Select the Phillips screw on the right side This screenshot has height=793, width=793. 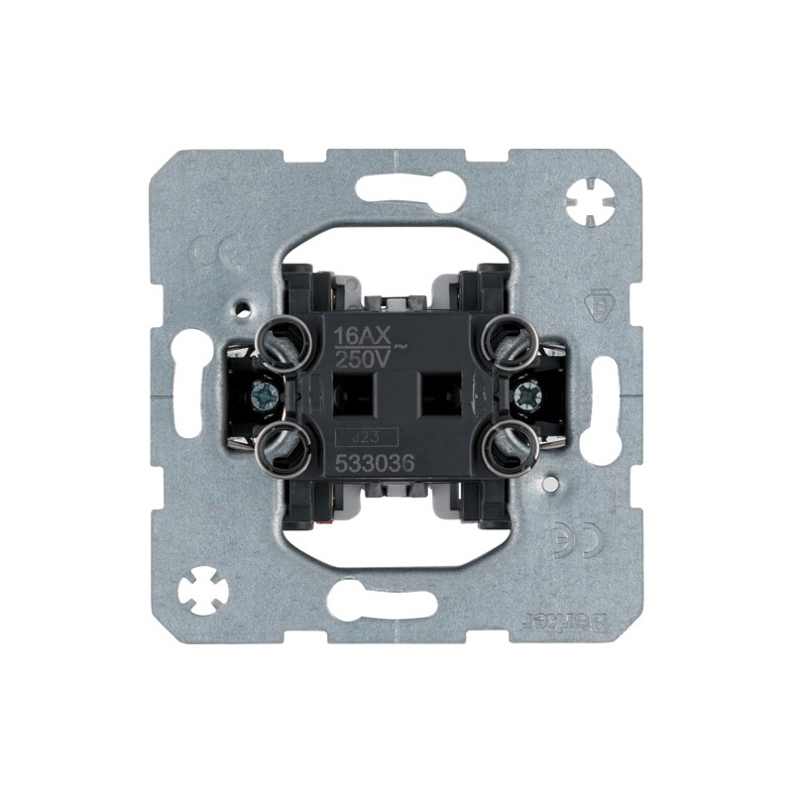524,394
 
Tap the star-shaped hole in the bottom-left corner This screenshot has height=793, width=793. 202,592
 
